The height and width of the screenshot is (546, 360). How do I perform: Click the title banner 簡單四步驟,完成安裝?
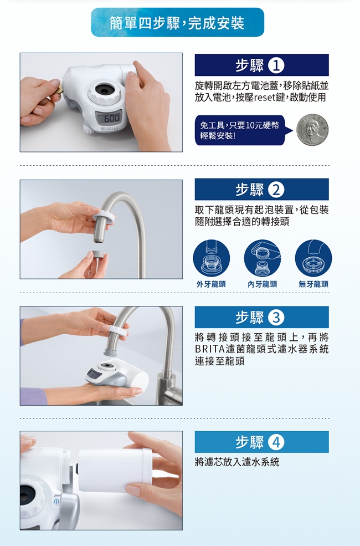click(177, 22)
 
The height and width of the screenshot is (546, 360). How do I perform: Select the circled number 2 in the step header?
click(277, 190)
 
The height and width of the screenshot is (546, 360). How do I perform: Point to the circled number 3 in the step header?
click(277, 317)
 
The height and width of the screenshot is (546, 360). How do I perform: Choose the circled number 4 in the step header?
click(277, 442)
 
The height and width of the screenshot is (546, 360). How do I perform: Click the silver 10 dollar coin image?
click(312, 130)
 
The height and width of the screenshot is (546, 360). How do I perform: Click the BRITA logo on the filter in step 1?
click(109, 129)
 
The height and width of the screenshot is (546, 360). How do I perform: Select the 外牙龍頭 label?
click(211, 284)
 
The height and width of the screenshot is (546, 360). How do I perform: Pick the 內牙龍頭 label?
click(263, 284)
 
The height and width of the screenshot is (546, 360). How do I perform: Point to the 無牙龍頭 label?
click(313, 284)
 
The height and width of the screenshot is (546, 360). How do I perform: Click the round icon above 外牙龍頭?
click(212, 258)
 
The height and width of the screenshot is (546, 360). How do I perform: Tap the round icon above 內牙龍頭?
click(263, 258)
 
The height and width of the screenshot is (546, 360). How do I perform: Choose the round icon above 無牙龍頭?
click(313, 258)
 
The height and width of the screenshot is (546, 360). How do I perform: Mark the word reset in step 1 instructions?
click(265, 98)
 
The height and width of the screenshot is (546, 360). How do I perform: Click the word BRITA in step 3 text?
click(210, 349)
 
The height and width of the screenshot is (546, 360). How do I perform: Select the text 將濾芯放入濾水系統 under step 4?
click(237, 462)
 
